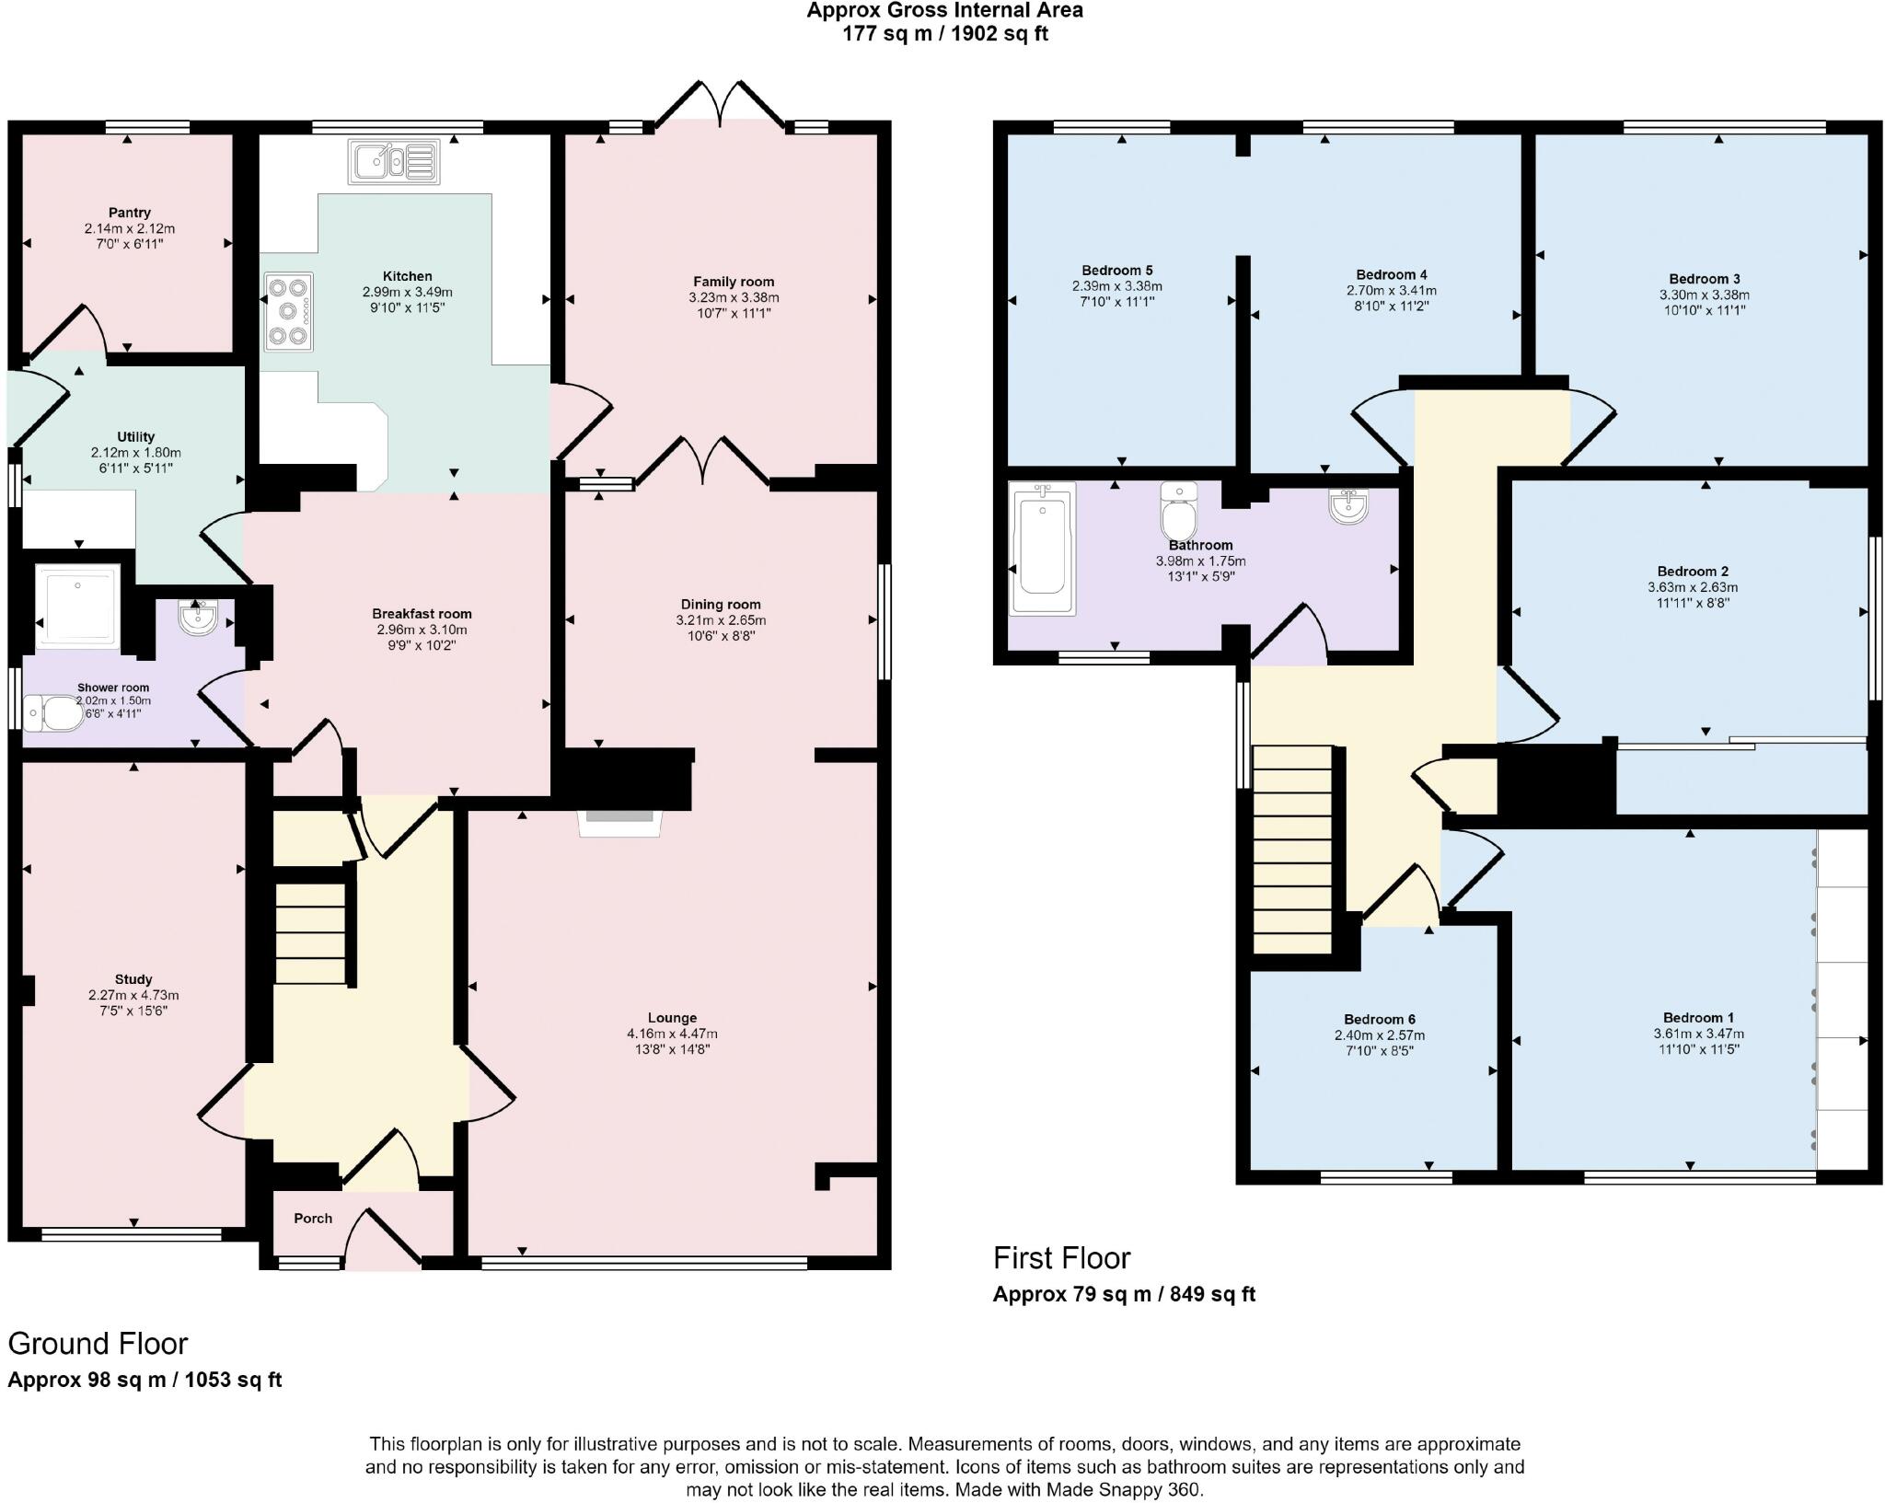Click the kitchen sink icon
393,162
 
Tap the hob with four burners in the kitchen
289,312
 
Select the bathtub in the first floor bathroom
1042,549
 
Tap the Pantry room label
130,213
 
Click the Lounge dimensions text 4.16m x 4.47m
672,1034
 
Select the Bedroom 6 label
1380,1019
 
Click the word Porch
313,1218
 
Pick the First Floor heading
1061,1257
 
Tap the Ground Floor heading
98,1344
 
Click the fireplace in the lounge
619,823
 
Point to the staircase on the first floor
1293,850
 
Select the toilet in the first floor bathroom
1178,512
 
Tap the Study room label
133,979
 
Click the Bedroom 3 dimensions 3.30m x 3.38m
1705,295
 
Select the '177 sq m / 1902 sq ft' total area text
945,34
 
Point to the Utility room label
136,436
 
